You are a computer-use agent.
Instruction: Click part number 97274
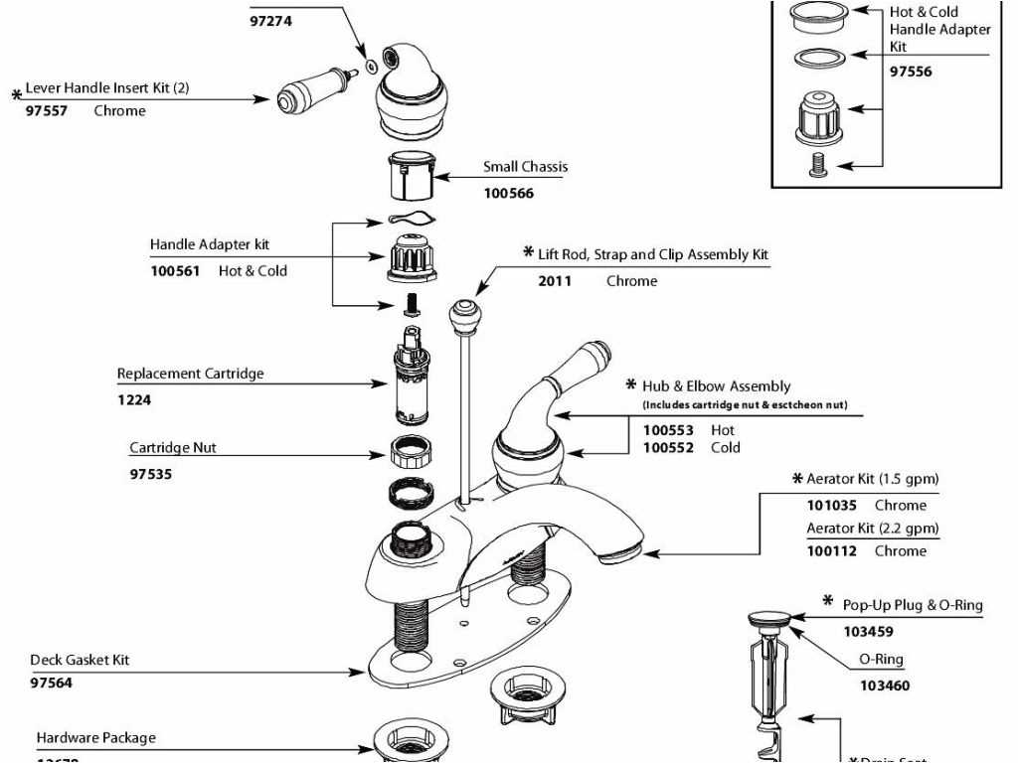tap(270, 20)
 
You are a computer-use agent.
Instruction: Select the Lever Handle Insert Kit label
tap(106, 87)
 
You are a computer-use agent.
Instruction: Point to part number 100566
tap(508, 193)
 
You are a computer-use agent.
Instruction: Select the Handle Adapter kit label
tap(209, 244)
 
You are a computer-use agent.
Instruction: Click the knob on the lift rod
tap(462, 316)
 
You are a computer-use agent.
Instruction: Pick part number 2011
tap(555, 281)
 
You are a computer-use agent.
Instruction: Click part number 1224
tap(134, 400)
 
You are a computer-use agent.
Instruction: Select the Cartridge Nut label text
tap(172, 447)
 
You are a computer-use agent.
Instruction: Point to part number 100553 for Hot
tap(667, 430)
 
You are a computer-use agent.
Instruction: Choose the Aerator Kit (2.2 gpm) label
tap(872, 529)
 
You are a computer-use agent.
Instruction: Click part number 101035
tap(831, 506)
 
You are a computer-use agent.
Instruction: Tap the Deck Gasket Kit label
tap(80, 660)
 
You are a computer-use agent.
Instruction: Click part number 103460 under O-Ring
tap(884, 686)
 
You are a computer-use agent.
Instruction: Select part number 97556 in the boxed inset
tap(911, 72)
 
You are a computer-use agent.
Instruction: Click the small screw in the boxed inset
tap(815, 166)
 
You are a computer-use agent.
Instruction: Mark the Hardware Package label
tap(95, 738)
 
